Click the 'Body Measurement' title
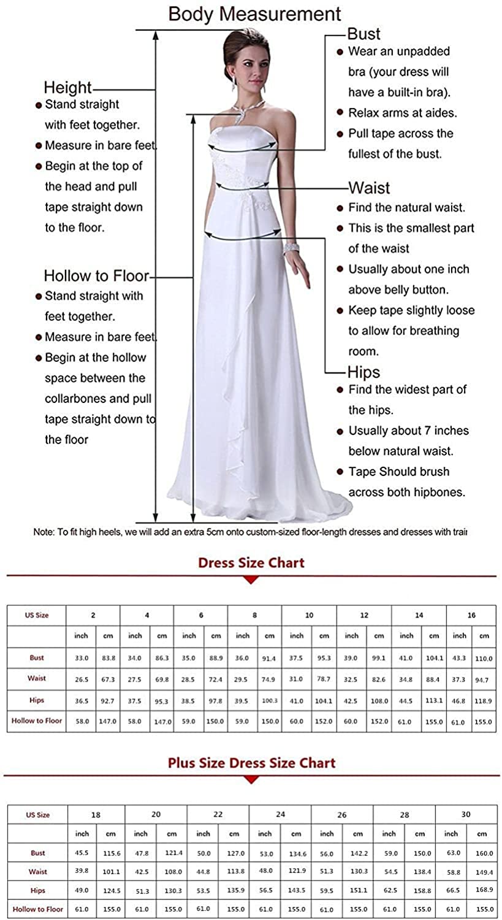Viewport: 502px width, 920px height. pos(254,13)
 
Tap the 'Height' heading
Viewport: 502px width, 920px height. pos(67,87)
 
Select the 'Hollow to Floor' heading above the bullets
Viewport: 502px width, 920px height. pos(96,276)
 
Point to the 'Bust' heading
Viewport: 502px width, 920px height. pos(363,34)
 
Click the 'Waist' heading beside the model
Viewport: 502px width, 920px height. pos(369,188)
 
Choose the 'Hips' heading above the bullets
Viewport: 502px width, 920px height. pos(363,372)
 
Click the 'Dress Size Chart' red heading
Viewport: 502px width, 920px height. pos(251,563)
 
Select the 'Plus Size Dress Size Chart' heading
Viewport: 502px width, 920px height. pos(251,763)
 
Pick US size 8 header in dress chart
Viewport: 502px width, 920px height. pos(255,615)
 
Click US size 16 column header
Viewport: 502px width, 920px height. pos(471,615)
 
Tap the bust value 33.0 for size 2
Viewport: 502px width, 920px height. pos(82,657)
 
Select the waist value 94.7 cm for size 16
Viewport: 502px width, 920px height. pos(484,680)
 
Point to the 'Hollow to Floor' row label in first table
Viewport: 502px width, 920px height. pos(37,721)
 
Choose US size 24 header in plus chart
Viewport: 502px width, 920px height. pos(280,815)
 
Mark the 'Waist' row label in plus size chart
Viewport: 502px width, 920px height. pos(38,872)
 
